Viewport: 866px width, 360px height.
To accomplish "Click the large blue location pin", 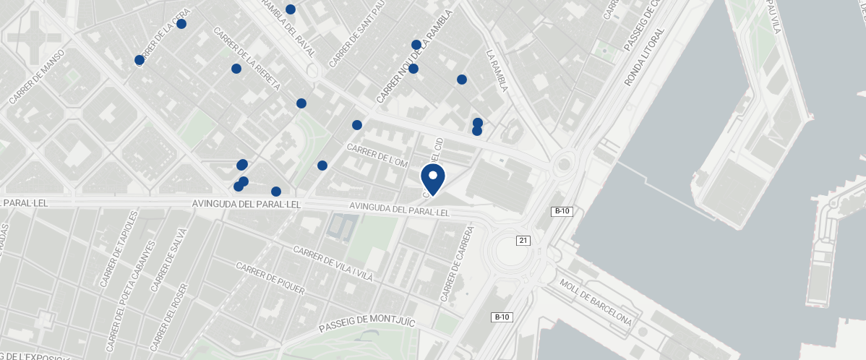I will coord(433,179).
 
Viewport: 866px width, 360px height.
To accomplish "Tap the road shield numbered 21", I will coord(523,240).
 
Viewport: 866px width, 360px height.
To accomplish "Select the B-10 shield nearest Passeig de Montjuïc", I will coord(502,317).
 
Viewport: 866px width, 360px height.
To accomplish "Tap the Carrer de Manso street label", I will coord(37,76).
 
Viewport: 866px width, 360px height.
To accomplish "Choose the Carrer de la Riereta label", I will coord(247,59).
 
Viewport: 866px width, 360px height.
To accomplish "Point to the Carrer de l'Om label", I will coord(377,155).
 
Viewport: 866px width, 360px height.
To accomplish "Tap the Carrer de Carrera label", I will coord(456,264).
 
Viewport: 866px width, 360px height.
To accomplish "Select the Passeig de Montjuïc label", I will coord(366,324).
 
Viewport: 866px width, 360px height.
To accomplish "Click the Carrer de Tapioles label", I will coord(119,249).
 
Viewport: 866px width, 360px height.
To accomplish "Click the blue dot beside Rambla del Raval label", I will coord(291,9).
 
